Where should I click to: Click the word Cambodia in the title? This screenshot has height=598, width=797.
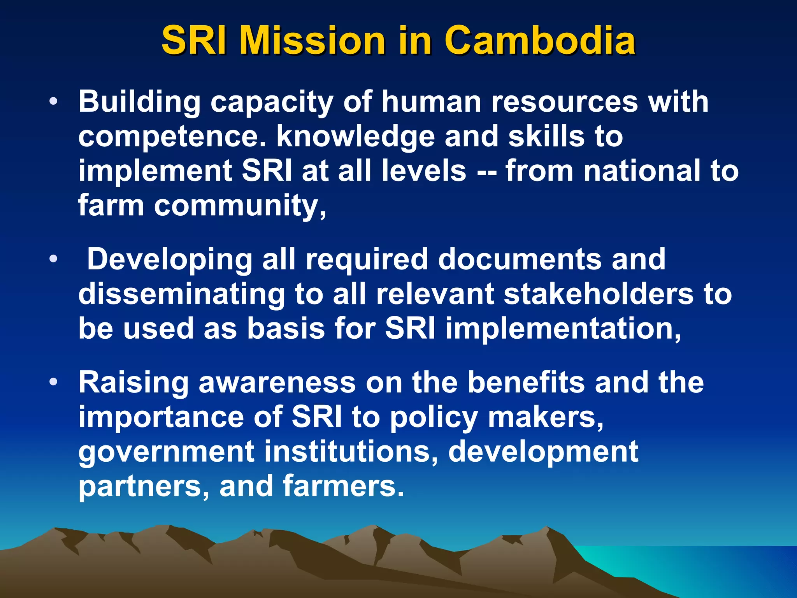pos(540,40)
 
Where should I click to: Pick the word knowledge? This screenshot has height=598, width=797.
pos(355,137)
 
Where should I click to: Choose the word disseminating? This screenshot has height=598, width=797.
pos(182,294)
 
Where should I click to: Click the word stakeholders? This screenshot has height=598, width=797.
pos(599,294)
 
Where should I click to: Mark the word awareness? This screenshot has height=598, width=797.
pos(277,382)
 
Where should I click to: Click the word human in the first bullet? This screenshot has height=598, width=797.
pos(432,102)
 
